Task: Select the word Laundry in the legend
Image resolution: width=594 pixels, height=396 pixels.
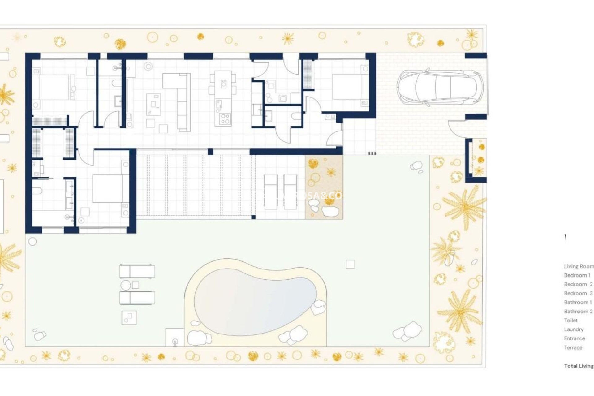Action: [574, 329]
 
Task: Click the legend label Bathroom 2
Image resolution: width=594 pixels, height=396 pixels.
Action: [578, 312]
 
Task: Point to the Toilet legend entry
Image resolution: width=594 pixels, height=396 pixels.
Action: [570, 321]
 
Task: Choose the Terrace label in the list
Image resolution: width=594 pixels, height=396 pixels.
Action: [573, 347]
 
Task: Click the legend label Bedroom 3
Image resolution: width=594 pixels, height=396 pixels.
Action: [578, 293]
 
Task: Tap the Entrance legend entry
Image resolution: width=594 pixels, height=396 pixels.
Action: [574, 338]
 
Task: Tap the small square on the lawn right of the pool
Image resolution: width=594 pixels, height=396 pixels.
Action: [350, 264]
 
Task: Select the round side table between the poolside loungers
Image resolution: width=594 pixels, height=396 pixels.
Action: [125, 285]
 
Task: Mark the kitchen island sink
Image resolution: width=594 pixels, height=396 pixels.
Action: [223, 84]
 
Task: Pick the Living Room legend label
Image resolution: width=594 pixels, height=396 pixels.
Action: [579, 266]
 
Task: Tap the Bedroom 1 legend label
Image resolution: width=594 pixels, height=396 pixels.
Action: [577, 275]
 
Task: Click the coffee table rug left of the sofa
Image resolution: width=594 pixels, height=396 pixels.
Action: [153, 104]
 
